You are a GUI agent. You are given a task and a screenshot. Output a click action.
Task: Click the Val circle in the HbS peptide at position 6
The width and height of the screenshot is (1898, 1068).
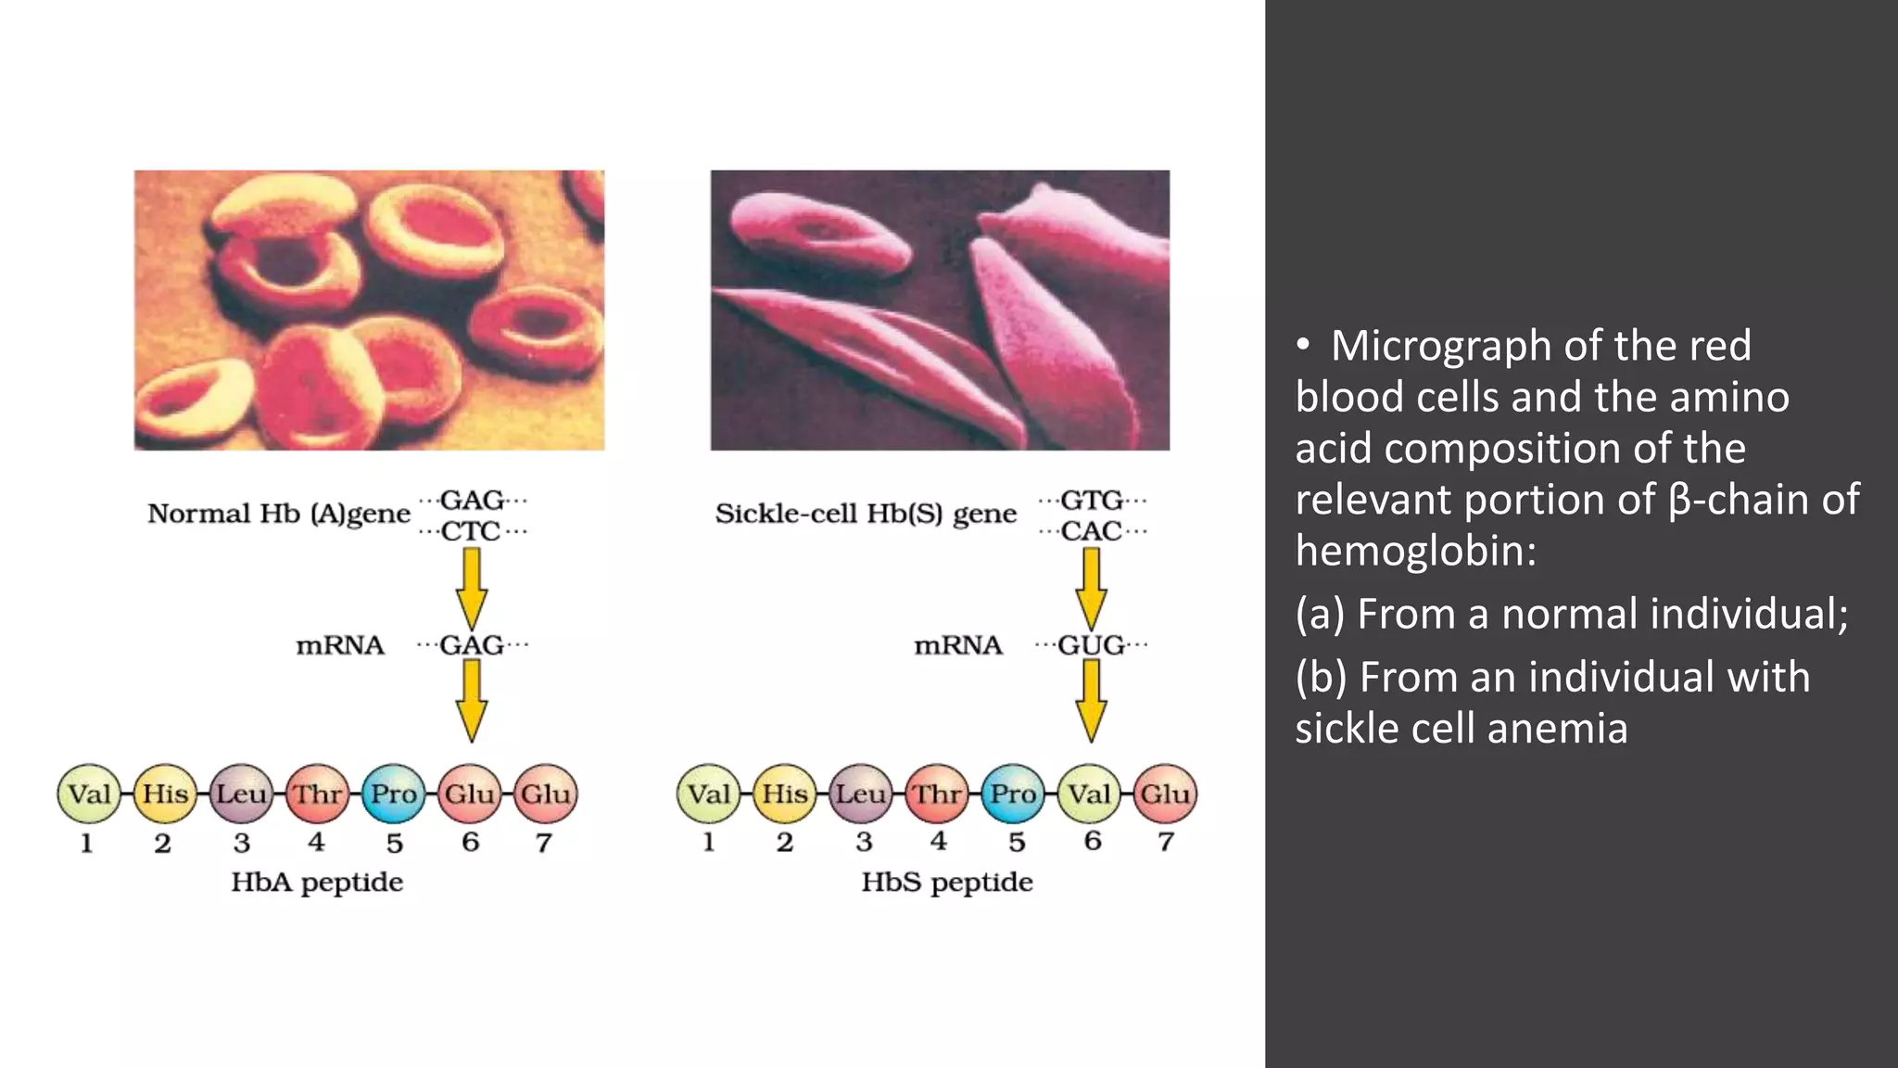click(1090, 795)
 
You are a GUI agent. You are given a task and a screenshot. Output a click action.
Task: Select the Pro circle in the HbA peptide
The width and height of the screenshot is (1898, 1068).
click(394, 795)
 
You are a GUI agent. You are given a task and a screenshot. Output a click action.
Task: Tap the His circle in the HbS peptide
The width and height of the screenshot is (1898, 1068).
click(785, 795)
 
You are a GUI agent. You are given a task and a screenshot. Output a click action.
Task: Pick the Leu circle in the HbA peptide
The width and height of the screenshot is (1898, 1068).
click(242, 795)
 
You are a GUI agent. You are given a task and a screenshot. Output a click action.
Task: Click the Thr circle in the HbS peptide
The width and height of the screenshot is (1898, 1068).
click(938, 795)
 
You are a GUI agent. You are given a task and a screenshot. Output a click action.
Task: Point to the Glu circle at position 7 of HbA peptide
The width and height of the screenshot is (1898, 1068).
click(545, 795)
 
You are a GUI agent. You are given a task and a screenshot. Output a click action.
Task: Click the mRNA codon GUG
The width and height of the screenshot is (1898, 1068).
click(1091, 645)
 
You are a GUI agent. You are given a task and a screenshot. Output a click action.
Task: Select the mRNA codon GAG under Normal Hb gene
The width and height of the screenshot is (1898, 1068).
click(472, 645)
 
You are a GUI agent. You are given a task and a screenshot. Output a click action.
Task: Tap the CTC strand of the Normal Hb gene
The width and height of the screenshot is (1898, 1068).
click(471, 532)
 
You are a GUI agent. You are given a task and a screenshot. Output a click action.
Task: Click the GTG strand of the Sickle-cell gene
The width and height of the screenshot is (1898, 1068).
click(1091, 501)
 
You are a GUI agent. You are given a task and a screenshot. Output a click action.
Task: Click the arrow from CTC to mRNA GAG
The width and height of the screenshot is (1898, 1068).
click(472, 588)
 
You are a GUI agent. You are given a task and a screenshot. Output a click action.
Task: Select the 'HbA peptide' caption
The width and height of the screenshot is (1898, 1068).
click(317, 882)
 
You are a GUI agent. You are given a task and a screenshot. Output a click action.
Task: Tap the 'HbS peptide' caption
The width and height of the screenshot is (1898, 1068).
click(946, 882)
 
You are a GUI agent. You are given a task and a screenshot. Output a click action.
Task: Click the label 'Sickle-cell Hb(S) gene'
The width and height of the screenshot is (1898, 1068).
click(866, 514)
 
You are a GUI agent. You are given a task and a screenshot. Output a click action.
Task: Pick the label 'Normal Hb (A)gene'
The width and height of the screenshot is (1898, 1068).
click(278, 514)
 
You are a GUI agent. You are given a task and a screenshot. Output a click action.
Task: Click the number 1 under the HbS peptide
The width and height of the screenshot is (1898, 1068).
click(709, 842)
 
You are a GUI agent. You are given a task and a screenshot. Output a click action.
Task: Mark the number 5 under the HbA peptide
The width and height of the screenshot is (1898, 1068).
click(395, 843)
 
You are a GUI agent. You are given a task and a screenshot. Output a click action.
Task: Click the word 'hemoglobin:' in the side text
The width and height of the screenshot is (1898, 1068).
click(1415, 551)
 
